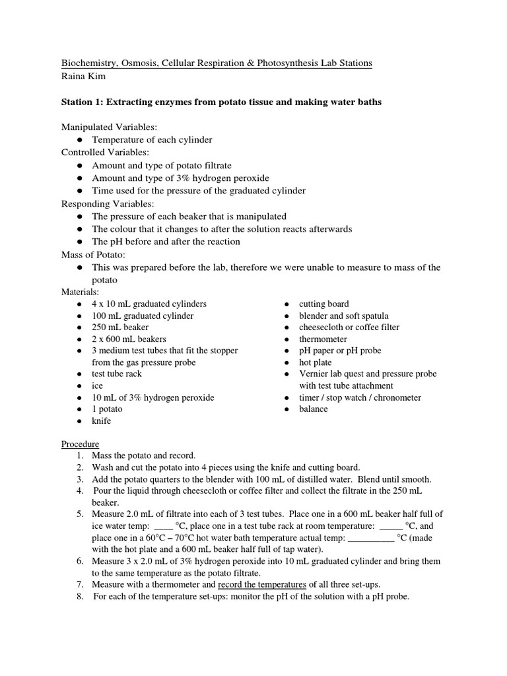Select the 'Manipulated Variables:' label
pyautogui.click(x=109, y=127)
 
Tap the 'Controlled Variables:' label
pyautogui.click(x=105, y=152)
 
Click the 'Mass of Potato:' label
pyautogui.click(x=93, y=255)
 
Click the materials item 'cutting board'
pyautogui.click(x=323, y=304)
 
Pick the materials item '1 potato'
pyautogui.click(x=107, y=409)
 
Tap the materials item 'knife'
pyautogui.click(x=102, y=421)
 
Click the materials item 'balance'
pyautogui.click(x=313, y=409)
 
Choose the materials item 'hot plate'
pyautogui.click(x=316, y=362)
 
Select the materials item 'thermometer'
pyautogui.click(x=323, y=339)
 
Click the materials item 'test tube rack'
pyautogui.click(x=117, y=374)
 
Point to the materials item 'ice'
pyautogui.click(x=97, y=386)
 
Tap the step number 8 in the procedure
pyautogui.click(x=79, y=596)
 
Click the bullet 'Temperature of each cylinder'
pyautogui.click(x=152, y=140)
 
